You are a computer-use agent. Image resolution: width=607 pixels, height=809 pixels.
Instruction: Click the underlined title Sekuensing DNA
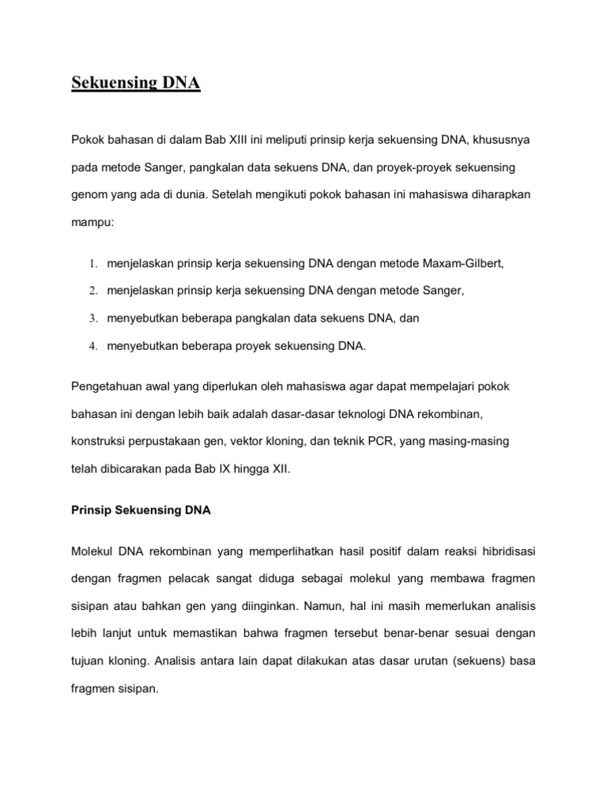pos(136,83)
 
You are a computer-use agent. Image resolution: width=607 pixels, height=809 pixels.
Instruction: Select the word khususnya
pos(507,140)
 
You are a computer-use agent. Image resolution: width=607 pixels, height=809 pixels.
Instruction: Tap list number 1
pos(92,264)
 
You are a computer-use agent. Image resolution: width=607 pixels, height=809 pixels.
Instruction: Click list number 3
pos(92,318)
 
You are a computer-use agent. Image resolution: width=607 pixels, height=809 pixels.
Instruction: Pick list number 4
pos(92,346)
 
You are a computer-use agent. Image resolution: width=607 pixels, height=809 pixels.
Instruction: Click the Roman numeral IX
pos(216,469)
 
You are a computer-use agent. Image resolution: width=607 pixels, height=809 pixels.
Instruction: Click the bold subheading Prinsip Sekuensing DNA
pos(141,510)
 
